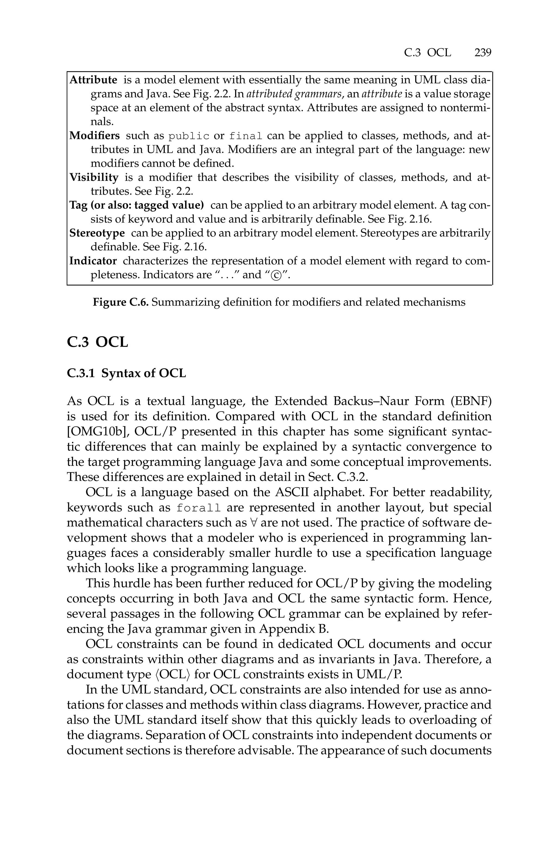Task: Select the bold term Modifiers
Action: pos(94,135)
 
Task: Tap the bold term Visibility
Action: pos(94,177)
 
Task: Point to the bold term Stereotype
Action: pos(97,233)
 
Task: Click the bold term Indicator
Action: pos(93,261)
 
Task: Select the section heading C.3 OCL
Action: pos(97,342)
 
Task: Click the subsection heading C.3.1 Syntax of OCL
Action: pos(126,373)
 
